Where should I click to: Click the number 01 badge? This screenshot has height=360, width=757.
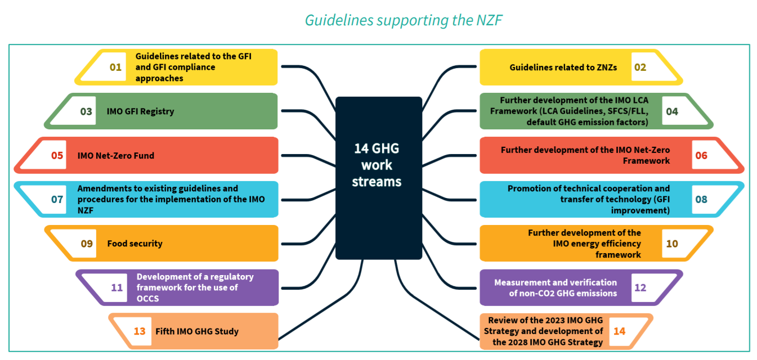click(x=115, y=67)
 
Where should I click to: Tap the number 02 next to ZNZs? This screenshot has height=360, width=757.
click(x=640, y=67)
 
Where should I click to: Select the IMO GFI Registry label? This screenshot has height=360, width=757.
click(x=140, y=111)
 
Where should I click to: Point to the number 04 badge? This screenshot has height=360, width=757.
click(x=672, y=111)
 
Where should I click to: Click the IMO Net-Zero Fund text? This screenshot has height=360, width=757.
click(x=115, y=155)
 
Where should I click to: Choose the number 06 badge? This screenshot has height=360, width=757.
click(x=701, y=155)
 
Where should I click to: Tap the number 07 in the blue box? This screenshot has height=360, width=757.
click(x=57, y=199)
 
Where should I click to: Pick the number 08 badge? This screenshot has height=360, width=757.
click(x=701, y=199)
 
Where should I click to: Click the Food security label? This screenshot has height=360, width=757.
click(x=135, y=244)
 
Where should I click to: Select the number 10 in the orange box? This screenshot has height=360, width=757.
click(x=672, y=244)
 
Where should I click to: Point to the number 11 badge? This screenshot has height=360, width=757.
click(x=117, y=287)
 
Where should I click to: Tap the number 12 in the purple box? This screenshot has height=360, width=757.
click(x=640, y=287)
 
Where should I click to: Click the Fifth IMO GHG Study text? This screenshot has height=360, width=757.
click(x=197, y=331)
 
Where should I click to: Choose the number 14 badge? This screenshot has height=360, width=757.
click(x=619, y=331)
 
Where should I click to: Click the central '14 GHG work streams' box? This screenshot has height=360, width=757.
click(x=378, y=178)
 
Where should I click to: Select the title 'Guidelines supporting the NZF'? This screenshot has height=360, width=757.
click(x=403, y=20)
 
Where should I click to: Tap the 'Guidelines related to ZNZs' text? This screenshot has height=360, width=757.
click(x=563, y=67)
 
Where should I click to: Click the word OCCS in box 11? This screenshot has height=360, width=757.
click(x=147, y=299)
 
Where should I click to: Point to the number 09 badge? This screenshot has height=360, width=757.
click(x=87, y=244)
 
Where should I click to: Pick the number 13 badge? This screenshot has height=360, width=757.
click(x=140, y=331)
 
